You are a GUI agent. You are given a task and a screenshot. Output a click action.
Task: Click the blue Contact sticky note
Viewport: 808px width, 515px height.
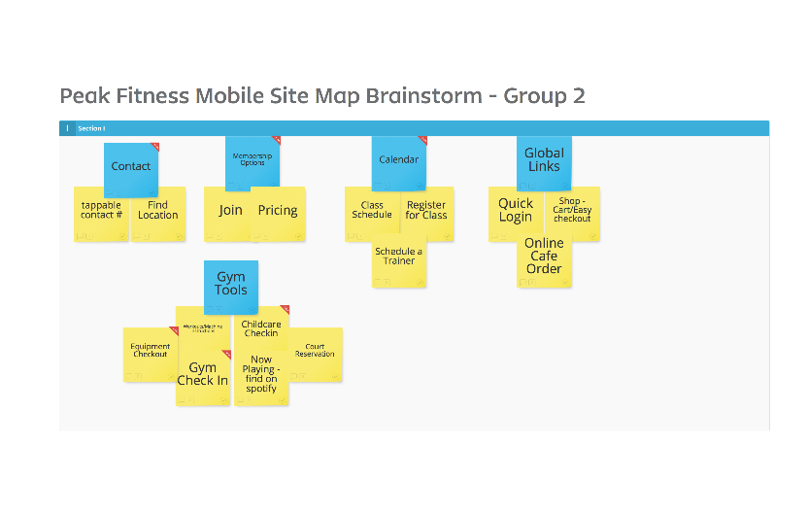point(131,166)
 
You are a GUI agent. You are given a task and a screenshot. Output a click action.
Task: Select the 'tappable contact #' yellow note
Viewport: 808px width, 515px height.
point(101,211)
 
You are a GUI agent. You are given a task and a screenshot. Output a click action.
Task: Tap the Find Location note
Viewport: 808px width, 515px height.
point(158,211)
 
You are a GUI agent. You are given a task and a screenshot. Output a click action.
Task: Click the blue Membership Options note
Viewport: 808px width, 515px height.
point(252,159)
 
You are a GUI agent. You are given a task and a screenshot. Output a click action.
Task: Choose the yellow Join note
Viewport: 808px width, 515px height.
point(230,211)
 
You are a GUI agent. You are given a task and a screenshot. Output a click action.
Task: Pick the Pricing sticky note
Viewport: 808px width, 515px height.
point(278,211)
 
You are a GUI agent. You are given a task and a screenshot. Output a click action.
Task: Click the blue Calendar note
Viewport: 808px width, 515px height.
point(399,159)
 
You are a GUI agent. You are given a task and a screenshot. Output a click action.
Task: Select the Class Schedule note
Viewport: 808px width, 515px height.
point(372,211)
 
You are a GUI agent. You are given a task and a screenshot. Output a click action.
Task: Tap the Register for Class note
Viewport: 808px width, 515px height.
point(426,211)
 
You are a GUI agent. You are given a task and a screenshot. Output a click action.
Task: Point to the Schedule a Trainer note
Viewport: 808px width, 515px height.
point(399,257)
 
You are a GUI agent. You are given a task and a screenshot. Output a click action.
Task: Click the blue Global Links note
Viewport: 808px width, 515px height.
point(544,159)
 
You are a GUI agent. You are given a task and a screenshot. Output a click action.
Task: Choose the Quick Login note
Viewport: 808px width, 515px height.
point(516,211)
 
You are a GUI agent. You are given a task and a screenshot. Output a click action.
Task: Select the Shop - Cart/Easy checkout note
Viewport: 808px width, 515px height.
point(572,211)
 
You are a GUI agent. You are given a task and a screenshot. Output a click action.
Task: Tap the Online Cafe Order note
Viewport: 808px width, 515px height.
point(544,257)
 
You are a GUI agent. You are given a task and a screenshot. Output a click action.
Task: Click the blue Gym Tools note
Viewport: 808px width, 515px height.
point(231,284)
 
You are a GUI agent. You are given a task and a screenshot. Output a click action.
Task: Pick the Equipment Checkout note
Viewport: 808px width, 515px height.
point(150,351)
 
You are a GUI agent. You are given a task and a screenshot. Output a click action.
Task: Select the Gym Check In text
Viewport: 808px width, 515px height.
point(202,374)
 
